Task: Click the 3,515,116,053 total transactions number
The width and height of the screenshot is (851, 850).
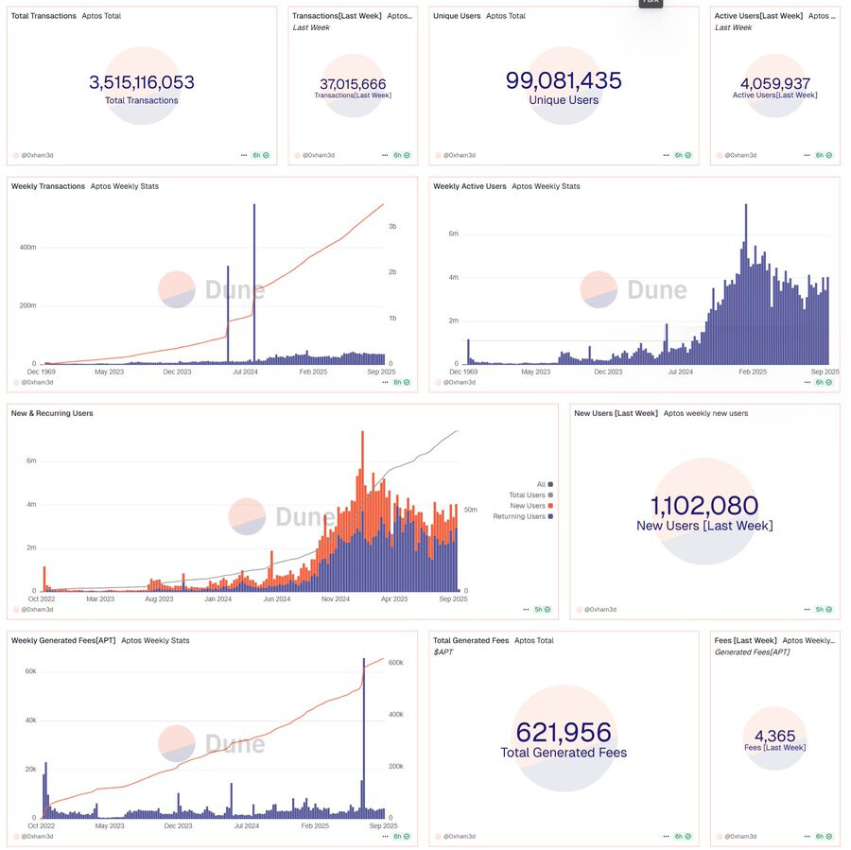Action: [x=142, y=82]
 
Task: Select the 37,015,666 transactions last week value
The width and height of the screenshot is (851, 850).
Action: [x=353, y=84]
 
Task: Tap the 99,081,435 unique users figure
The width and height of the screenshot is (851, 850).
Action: [x=564, y=80]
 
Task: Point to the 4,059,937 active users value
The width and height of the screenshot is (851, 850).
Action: [x=774, y=83]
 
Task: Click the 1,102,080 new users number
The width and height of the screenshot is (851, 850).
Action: [x=703, y=507]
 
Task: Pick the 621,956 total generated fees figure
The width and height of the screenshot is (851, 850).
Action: [x=564, y=733]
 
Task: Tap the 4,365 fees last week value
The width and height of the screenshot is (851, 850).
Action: [x=774, y=737]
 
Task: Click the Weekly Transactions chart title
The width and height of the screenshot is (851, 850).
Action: [x=48, y=186]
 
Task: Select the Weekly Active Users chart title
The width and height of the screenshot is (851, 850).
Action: [x=470, y=186]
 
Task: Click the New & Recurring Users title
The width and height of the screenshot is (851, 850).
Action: [x=52, y=413]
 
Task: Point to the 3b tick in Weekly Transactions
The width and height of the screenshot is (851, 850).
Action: [x=392, y=227]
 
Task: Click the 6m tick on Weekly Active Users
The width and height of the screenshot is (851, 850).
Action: [x=454, y=234]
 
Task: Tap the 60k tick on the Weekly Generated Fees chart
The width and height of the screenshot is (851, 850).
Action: [x=30, y=671]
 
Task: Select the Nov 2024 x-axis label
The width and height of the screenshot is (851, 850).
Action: [x=336, y=598]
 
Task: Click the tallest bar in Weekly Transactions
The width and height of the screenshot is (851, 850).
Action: [x=253, y=284]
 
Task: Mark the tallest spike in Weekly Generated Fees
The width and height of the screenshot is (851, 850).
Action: [x=364, y=737]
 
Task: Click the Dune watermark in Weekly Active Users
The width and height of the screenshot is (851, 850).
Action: [x=657, y=289]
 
